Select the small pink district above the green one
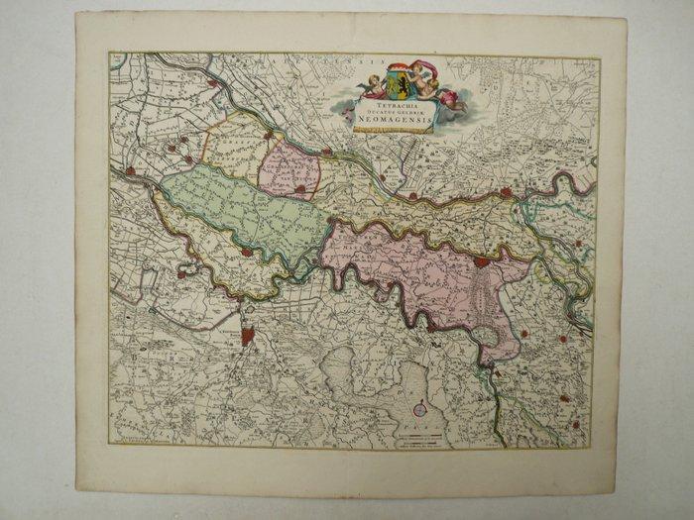click(289, 169)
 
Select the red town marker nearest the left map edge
click(130, 171)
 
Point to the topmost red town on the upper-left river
click(212, 84)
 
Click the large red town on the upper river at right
click(506, 193)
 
